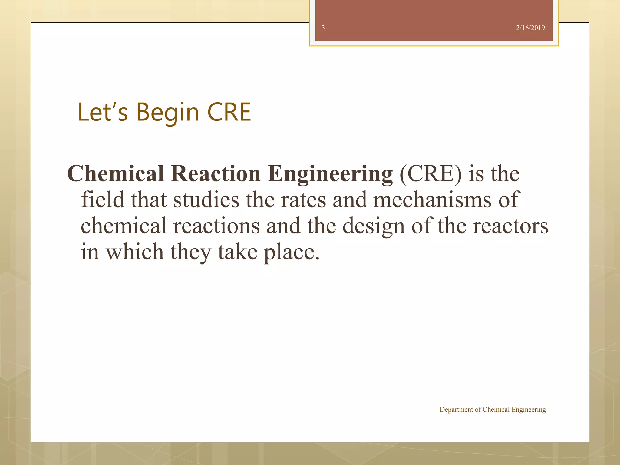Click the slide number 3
pos(323,28)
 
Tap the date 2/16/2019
pos(530,28)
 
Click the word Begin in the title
pos(168,113)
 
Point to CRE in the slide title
pos(229,112)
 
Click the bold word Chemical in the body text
pos(115,174)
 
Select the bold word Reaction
pos(215,174)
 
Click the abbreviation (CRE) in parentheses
pos(431,174)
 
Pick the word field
pos(103,200)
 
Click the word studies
pos(206,200)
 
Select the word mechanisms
pos(432,200)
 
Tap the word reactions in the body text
pos(216,226)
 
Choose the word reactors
pos(510,226)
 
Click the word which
pos(134,252)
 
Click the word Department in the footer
pos(456,410)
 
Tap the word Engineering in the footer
pos(529,410)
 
